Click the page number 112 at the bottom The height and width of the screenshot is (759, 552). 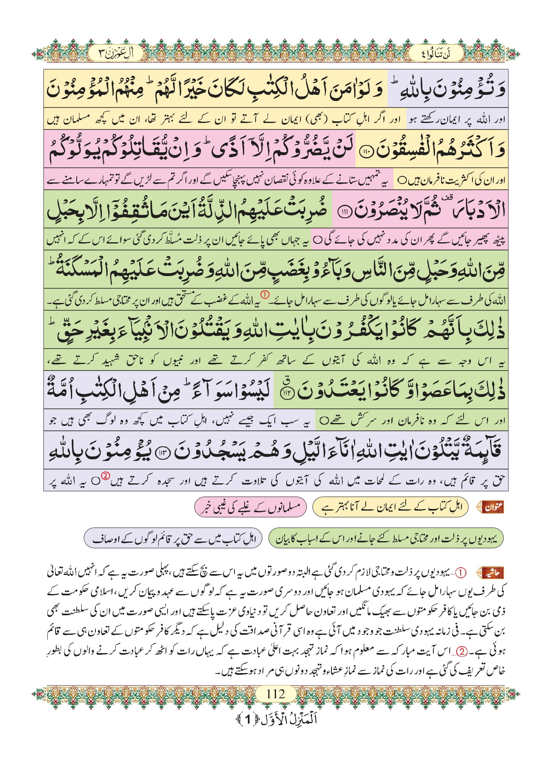coord(276,693)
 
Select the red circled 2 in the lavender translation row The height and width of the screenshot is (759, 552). coord(105,476)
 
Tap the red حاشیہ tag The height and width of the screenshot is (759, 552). coord(492,573)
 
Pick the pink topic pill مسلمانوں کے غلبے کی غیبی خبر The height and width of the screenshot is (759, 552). coord(250,507)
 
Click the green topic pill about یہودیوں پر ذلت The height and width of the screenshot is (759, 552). coord(386,538)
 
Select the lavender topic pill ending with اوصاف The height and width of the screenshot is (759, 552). coord(173,538)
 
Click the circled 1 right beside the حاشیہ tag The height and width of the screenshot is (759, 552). coord(460,573)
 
